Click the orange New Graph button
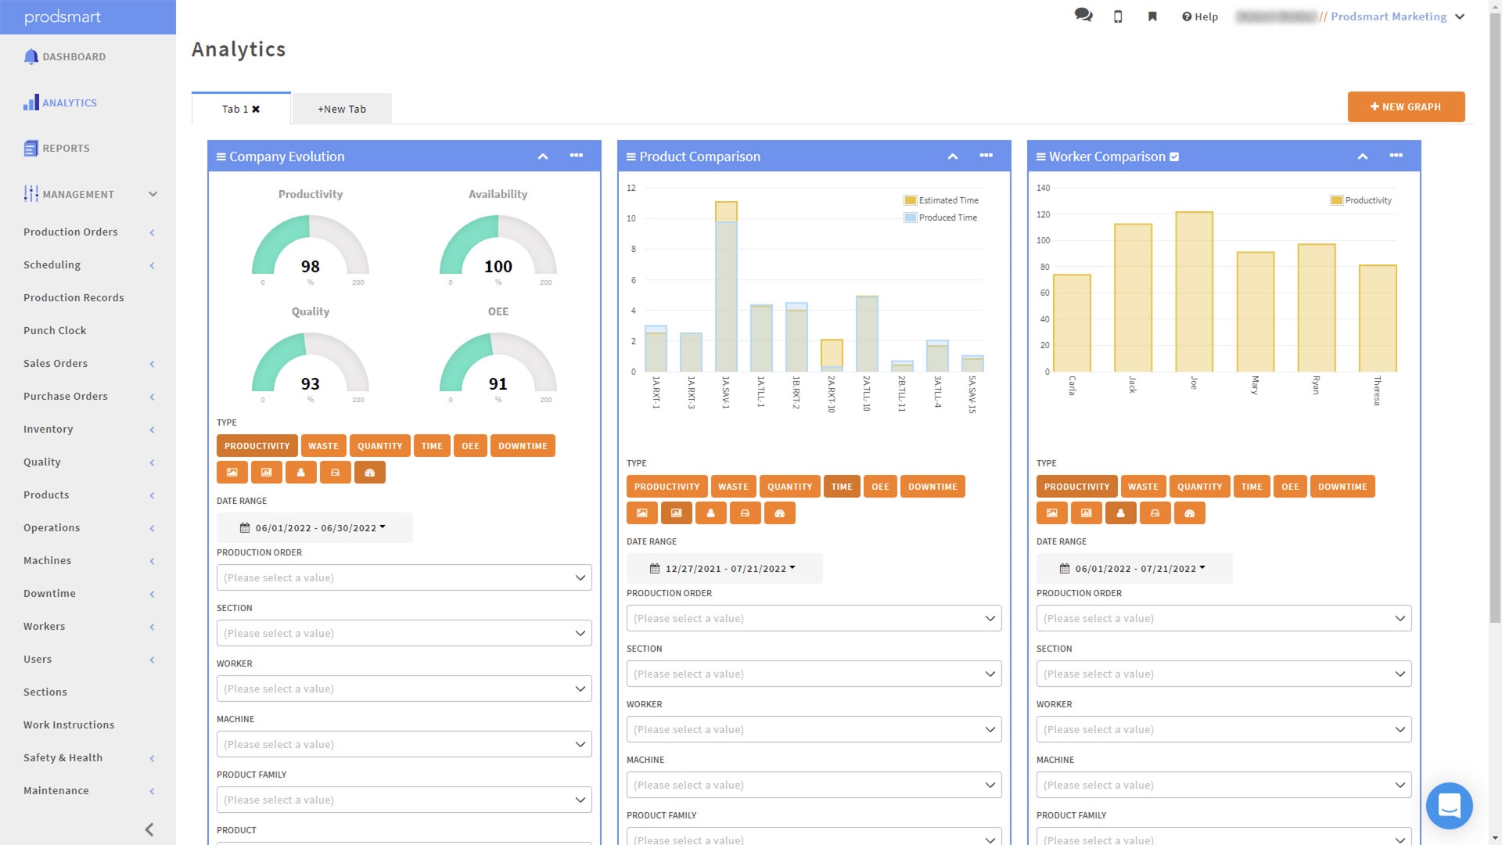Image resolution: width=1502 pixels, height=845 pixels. [x=1405, y=107]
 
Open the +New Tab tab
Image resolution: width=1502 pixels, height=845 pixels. [x=341, y=110]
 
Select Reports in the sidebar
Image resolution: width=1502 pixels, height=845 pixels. [x=66, y=149]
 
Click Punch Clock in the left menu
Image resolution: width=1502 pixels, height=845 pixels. [x=55, y=331]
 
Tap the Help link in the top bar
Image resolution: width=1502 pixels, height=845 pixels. [x=1200, y=17]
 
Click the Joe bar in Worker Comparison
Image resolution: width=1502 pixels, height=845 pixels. [x=1194, y=291]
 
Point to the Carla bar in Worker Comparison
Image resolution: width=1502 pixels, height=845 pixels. [x=1072, y=322]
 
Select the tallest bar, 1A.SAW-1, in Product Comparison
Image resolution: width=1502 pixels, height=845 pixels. [x=726, y=286]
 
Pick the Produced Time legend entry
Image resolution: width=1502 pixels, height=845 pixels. [x=947, y=218]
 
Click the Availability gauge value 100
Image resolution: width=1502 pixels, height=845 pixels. [x=498, y=267]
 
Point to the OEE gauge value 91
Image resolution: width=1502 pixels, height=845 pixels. [x=498, y=384]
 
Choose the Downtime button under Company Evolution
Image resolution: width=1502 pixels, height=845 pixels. [x=523, y=446]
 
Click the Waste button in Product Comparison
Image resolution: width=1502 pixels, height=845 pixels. [x=733, y=487]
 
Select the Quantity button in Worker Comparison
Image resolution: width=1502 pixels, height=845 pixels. [x=1199, y=487]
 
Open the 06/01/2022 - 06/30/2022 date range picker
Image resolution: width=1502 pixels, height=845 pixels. [x=314, y=528]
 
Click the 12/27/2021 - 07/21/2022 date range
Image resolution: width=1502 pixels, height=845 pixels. [x=724, y=569]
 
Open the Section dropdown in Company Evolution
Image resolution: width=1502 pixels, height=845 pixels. [x=404, y=634]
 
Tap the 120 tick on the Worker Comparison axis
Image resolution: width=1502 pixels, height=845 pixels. [x=1044, y=214]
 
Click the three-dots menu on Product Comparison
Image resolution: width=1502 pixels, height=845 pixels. [x=986, y=156]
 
